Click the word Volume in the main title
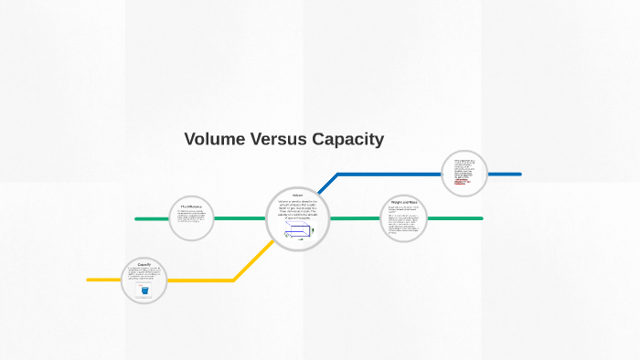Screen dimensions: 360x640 point(212,140)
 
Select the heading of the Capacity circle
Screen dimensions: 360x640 point(144,265)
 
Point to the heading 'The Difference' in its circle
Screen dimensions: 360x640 point(191,207)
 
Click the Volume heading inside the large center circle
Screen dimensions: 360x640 point(297,196)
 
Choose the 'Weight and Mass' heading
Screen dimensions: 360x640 point(403,202)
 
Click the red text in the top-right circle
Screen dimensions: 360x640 point(462,180)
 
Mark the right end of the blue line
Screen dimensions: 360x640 point(519,174)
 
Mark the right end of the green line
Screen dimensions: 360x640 point(481,218)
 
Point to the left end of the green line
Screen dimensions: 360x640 point(136,219)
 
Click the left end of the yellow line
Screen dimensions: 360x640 point(89,280)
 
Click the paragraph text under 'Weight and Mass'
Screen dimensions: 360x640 point(403,221)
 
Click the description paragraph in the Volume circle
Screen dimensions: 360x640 point(297,209)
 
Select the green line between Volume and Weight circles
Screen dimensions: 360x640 point(354,218)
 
